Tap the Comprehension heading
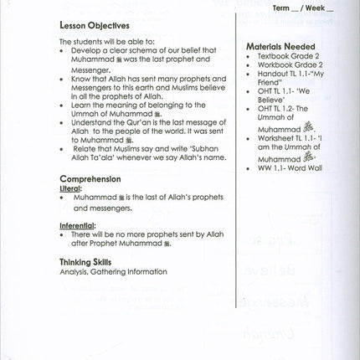pyautogui.click(x=90, y=178)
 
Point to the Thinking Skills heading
pyautogui.click(x=88, y=261)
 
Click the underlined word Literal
pyautogui.click(x=70, y=189)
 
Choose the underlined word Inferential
pyautogui.click(x=77, y=226)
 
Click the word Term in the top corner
pyautogui.click(x=282, y=8)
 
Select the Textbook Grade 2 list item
pyautogui.click(x=290, y=56)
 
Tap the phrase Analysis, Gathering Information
pyautogui.click(x=113, y=271)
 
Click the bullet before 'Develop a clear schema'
pyautogui.click(x=64, y=50)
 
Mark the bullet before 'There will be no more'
pyautogui.click(x=64, y=236)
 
